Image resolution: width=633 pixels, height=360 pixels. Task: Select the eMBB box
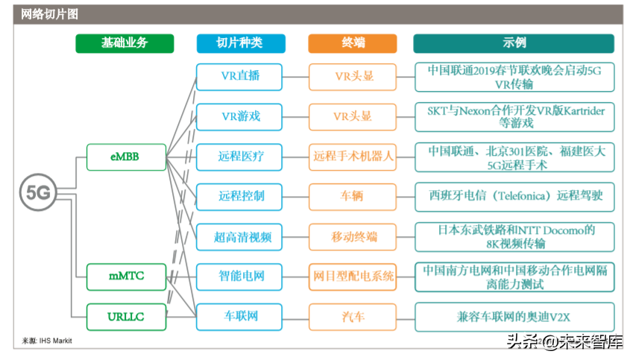tap(125, 157)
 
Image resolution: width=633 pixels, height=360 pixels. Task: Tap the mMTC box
tap(125, 277)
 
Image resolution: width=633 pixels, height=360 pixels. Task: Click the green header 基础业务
tap(125, 43)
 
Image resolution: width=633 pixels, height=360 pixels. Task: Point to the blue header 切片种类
tap(239, 43)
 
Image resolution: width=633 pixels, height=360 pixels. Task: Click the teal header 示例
tap(514, 43)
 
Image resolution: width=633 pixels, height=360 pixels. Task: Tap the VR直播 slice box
tap(239, 77)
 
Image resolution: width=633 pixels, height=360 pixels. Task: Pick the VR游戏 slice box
tap(239, 117)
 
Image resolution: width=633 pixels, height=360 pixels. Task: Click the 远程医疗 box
tap(239, 157)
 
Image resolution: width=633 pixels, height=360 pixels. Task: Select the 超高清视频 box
tap(239, 237)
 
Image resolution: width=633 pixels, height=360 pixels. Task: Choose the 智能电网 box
tap(239, 277)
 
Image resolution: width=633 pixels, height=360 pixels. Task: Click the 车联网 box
tap(239, 317)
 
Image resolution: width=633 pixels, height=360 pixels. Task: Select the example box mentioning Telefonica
tap(515, 197)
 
